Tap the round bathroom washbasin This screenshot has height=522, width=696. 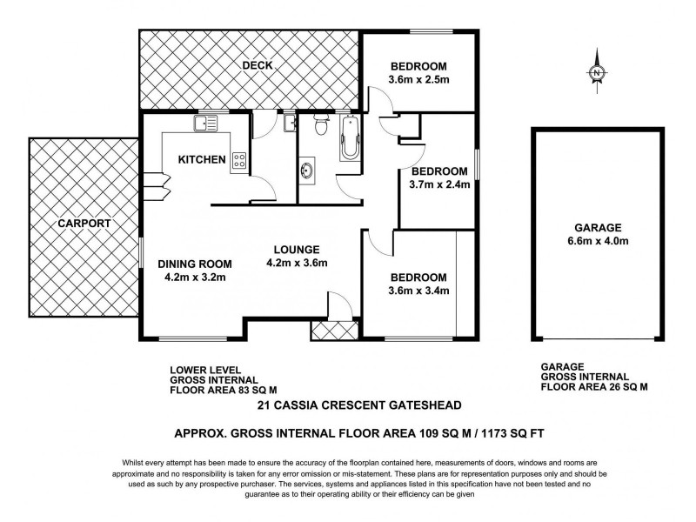point(309,169)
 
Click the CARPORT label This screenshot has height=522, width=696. point(84,224)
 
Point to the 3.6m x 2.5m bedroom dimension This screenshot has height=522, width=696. point(418,82)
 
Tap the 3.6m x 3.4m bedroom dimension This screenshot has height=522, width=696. point(418,291)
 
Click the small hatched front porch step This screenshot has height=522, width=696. point(329,331)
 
